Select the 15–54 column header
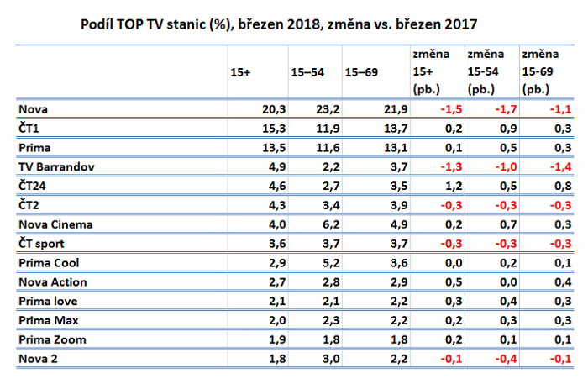pos(304,73)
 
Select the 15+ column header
pos(240,73)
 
